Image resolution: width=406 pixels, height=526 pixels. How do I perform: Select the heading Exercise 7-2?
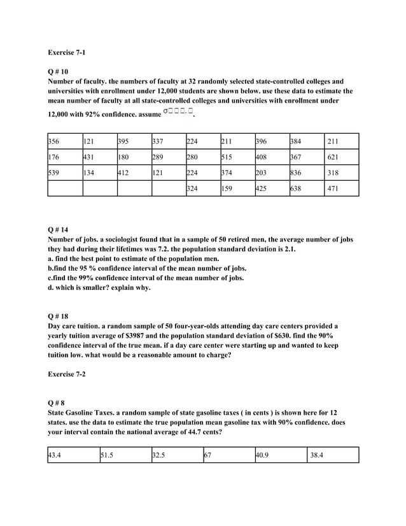[67, 374]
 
